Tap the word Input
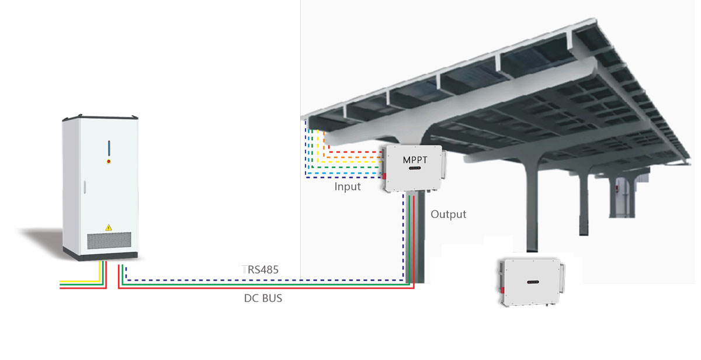coord(348,187)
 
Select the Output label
coord(449,214)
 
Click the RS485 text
coord(261,270)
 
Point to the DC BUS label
coord(263,298)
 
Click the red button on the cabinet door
coord(108,159)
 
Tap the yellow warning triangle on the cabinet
coord(108,227)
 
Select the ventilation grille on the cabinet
coord(109,240)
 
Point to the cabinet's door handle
coord(84,187)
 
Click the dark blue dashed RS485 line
coord(263,280)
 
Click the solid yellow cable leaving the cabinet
coord(82,281)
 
